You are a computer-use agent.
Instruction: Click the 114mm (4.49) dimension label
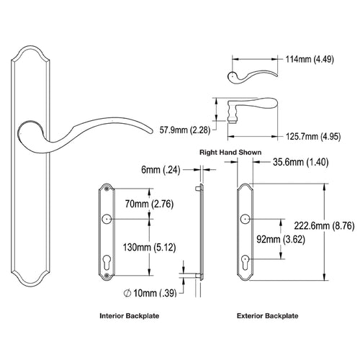tap(310, 59)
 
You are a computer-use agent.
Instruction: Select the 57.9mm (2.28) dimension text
tap(185, 130)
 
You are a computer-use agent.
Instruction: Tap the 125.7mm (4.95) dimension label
tap(313, 137)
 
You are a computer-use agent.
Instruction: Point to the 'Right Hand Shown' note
tap(230, 153)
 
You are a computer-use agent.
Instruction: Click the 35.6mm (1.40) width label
tap(301, 162)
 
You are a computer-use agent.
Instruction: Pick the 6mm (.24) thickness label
tap(161, 170)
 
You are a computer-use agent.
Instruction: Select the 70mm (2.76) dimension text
tap(149, 204)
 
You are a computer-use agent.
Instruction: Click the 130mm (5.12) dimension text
tap(149, 247)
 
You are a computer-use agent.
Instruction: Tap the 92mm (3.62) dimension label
tap(281, 239)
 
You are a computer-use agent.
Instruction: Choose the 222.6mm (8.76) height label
tap(324, 226)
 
